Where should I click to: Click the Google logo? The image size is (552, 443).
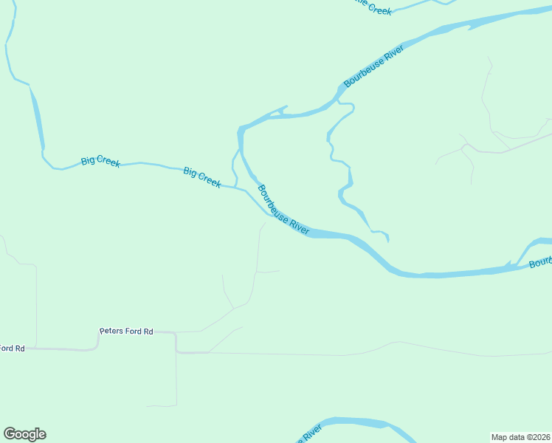tap(24, 434)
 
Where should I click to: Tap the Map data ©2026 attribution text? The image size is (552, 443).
tap(521, 437)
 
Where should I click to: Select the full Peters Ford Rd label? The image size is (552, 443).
tap(126, 332)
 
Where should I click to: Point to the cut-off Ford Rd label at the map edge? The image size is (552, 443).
tap(12, 348)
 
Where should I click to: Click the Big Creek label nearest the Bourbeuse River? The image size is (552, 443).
tap(201, 177)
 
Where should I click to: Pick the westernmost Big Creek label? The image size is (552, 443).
tap(100, 160)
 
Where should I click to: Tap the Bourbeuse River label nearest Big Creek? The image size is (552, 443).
tap(283, 210)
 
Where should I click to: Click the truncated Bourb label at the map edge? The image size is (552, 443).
tap(540, 262)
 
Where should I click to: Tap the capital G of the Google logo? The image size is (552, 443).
tap(10, 434)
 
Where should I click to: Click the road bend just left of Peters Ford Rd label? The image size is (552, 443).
tap(97, 340)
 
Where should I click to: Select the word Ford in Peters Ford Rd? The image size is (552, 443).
tap(134, 332)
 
